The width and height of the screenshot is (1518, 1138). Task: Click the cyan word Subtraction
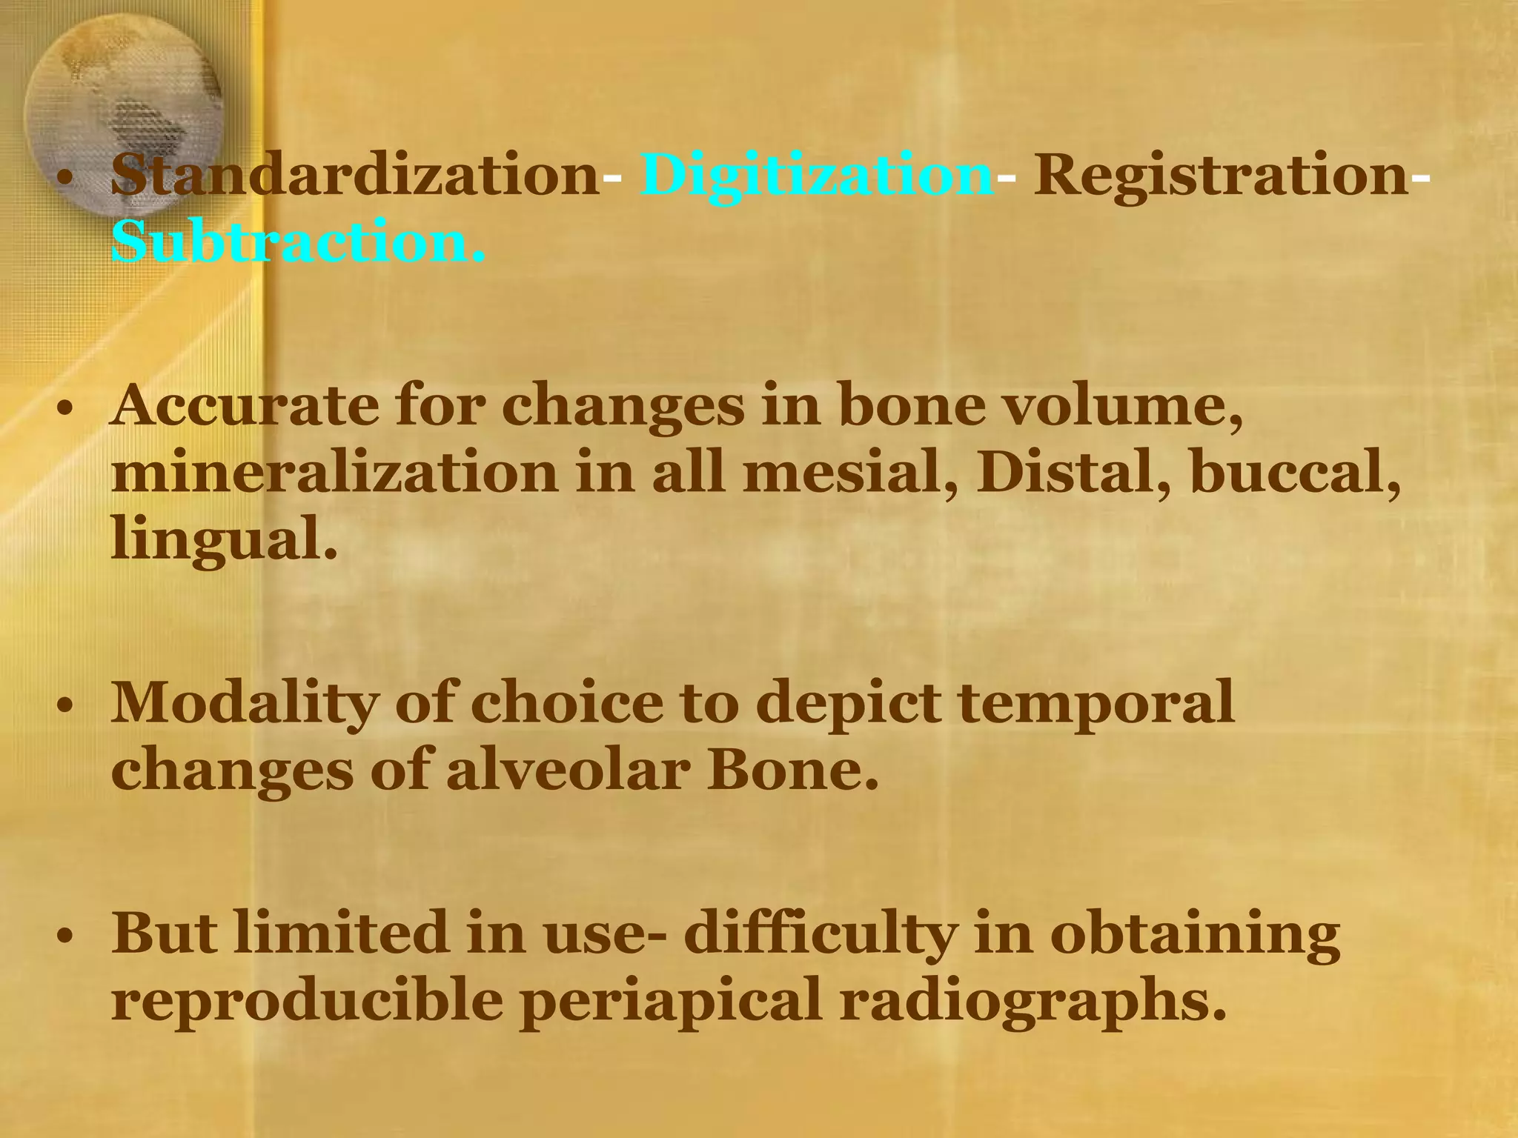point(297,242)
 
